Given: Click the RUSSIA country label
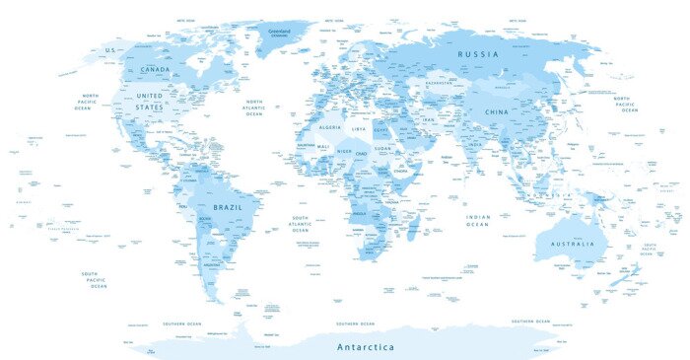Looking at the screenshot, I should [x=483, y=53].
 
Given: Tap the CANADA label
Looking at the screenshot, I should [x=156, y=70].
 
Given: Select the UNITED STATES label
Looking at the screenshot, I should [x=149, y=103].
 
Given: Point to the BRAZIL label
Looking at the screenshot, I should [x=227, y=208].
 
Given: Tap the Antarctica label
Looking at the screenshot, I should [x=365, y=347].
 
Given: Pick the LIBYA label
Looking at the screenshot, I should [x=359, y=129].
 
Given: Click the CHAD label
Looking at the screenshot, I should [x=362, y=153].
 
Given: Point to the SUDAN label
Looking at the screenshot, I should [x=382, y=149].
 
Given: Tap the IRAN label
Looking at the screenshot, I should [x=428, y=119].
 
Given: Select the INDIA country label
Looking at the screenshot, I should [x=474, y=145].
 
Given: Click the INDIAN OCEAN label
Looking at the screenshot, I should [x=477, y=220].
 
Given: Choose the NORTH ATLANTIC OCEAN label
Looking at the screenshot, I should [x=254, y=108].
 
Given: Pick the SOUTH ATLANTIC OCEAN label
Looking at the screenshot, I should [x=300, y=223].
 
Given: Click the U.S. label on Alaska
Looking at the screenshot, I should [x=111, y=49].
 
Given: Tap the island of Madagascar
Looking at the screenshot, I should [x=411, y=232].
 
